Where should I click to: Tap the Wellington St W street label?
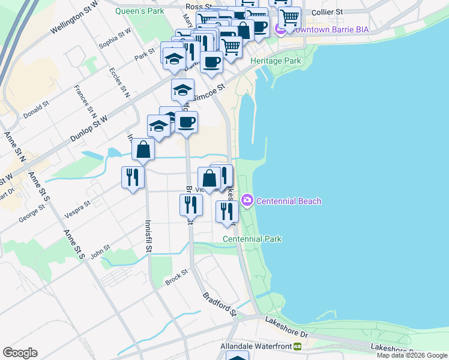74,18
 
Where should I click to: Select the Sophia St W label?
115,39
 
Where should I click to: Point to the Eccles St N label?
119,82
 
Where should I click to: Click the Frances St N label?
85,101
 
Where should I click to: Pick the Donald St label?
35,109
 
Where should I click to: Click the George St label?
31,214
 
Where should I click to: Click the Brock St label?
176,277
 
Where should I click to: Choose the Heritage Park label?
275,61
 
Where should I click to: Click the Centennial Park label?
252,239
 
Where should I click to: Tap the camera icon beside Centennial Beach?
247,200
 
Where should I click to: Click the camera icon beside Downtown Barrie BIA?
280,29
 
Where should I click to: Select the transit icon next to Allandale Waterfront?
297,346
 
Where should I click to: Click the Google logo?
20,353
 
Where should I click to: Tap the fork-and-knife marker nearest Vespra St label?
132,177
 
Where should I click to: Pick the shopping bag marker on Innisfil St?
143,149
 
